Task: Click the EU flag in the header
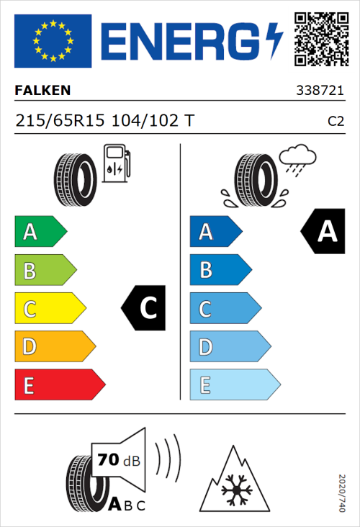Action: pos(53,41)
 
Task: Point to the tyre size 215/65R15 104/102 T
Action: pos(104,122)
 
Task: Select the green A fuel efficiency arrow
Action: pos(40,232)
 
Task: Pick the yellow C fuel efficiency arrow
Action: pos(50,309)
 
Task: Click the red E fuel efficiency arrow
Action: pos(59,385)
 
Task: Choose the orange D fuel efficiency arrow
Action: pos(54,347)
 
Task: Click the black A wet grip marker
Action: pos(321,232)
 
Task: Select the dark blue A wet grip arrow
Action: pos(215,232)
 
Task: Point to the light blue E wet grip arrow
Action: pos(234,385)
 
